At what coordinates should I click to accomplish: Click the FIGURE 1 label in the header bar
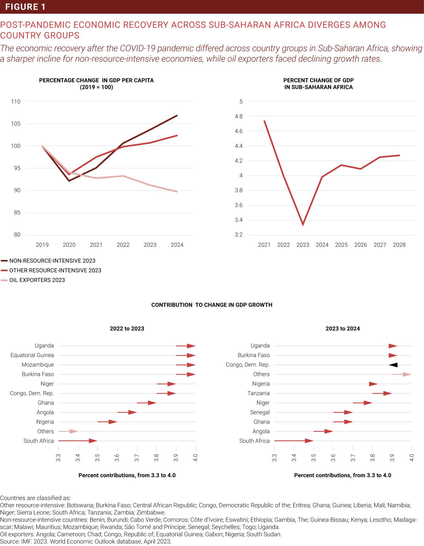(x=25, y=7)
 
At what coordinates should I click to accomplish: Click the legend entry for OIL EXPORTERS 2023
(x=37, y=280)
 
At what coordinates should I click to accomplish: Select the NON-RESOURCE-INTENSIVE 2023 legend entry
(x=52, y=261)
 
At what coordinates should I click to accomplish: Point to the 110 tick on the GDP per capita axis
(x=16, y=102)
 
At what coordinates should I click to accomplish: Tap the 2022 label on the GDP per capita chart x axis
(x=123, y=245)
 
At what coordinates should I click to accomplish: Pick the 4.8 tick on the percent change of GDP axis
(x=239, y=116)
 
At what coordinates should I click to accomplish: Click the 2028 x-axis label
(x=399, y=245)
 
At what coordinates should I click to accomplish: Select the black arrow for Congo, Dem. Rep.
(x=393, y=365)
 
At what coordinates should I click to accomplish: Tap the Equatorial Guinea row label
(x=32, y=355)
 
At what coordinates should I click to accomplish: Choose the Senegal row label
(x=260, y=412)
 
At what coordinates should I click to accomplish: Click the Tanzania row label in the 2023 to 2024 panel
(x=258, y=393)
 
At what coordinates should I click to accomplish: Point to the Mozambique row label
(x=37, y=365)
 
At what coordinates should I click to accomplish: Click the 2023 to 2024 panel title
(x=343, y=329)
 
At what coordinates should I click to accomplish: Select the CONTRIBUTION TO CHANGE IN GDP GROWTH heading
(x=212, y=305)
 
